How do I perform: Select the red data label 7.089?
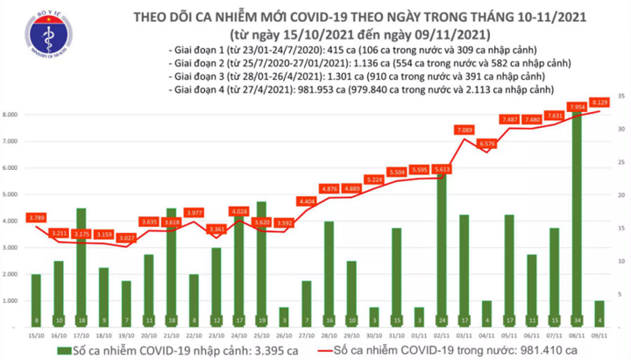[x=464, y=131]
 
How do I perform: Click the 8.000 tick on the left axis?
[x=12, y=115]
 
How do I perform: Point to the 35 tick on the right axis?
[x=619, y=95]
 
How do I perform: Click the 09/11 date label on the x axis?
[x=599, y=335]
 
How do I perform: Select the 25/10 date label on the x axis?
[x=261, y=335]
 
